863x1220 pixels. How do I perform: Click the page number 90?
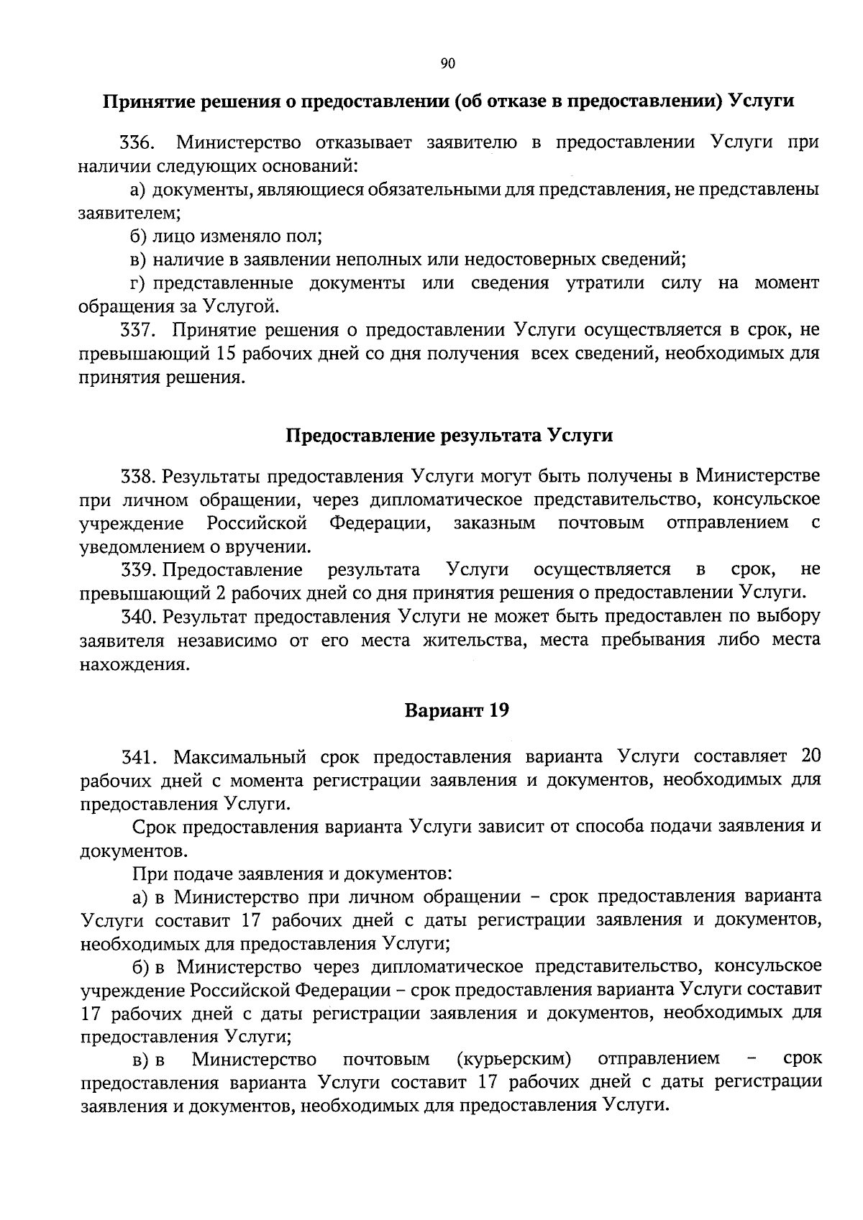447,64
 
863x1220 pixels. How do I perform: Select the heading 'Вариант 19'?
457,710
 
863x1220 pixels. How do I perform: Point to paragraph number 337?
136,330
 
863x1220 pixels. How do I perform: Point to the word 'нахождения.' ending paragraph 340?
124,664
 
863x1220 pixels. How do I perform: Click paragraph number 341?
136,757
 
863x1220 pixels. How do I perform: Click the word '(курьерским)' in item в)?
513,1059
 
